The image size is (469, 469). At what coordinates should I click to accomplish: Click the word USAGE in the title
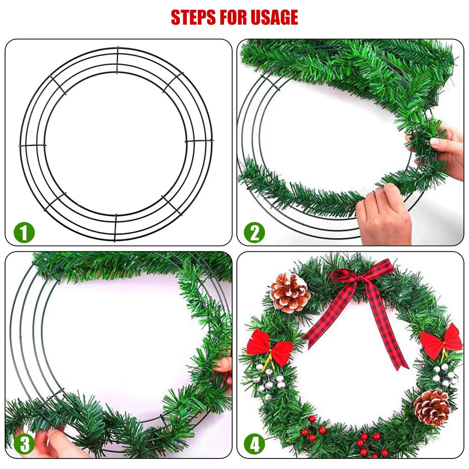pos(273,17)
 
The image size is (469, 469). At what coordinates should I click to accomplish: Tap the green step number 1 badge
pos(24,232)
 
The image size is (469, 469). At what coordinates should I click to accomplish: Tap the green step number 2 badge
pos(254,232)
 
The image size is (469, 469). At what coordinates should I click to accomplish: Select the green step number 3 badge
pos(24,444)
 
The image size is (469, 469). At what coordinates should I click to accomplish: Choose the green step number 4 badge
pos(254,444)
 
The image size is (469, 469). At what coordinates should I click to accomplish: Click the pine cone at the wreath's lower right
pos(432,407)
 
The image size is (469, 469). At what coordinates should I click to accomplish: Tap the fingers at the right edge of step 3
pos(224,366)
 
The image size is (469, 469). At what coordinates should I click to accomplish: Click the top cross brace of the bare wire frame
pos(117,60)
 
